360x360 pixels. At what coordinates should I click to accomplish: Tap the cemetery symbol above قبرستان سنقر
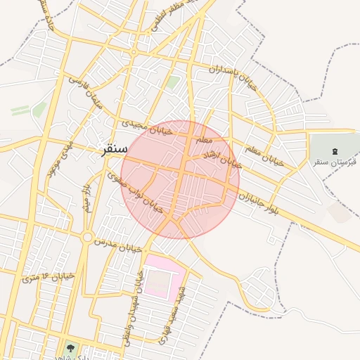pyautogui.click(x=334, y=150)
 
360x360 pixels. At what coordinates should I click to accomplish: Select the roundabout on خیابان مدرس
pyautogui.click(x=86, y=238)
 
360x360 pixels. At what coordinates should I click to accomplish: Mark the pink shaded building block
pyautogui.click(x=163, y=278)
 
